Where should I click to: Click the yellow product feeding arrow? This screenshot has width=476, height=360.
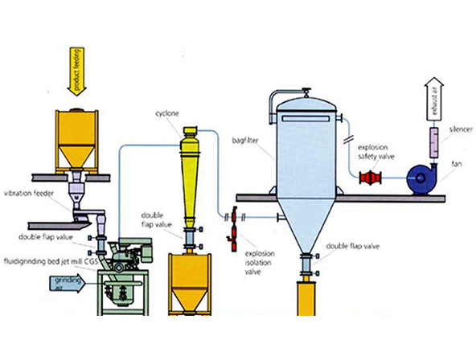pos(76,72)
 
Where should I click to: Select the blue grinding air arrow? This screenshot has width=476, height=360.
pos(67,284)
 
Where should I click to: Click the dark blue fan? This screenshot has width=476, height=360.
pos(422,179)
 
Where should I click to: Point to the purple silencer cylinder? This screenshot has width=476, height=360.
pos(433,143)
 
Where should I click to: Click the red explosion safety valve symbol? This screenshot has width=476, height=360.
pos(371,178)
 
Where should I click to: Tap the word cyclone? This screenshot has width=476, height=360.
pos(167,114)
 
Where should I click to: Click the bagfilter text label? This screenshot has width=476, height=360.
pos(245,141)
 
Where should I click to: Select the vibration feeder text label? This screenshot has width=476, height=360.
pos(29,193)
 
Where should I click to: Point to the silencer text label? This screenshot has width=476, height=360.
pos(461,129)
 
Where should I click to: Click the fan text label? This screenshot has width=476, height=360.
pos(457,164)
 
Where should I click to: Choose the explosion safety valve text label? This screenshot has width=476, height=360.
pos(375,152)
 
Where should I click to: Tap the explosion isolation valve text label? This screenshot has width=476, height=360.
pos(260,263)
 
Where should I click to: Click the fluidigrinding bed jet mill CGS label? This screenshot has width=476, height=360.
pos(51,262)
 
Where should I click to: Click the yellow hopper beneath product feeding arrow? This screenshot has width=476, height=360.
pos(77,139)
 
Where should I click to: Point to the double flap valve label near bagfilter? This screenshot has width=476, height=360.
pos(352,246)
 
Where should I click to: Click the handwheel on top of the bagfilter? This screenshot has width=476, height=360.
pos(306,90)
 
